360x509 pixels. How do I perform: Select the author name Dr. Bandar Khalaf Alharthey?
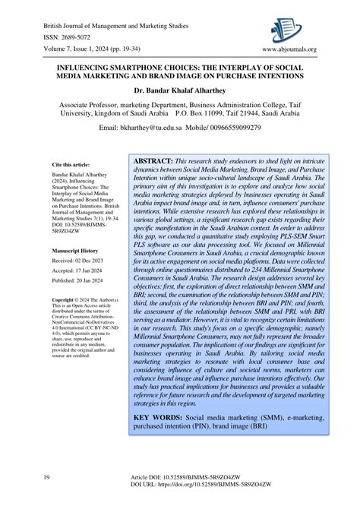point(179,89)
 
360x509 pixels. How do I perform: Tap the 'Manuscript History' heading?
point(76,249)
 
